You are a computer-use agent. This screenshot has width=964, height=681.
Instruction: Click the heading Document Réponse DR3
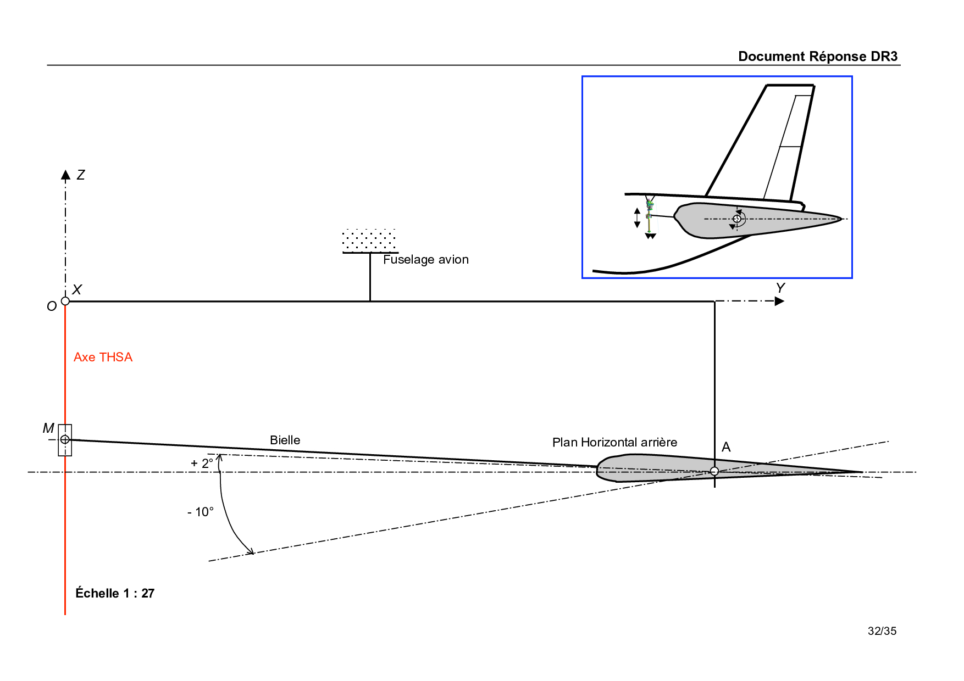point(817,57)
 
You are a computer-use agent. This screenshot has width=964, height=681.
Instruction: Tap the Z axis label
point(81,175)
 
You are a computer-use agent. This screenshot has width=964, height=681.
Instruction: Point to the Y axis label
point(780,288)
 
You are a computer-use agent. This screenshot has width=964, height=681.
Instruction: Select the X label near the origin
point(77,289)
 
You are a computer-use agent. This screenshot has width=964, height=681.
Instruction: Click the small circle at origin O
point(65,301)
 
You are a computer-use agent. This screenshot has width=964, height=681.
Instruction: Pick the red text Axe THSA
point(103,357)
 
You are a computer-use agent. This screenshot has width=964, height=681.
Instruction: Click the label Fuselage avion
point(425,259)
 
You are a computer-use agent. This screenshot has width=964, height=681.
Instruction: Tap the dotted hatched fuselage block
point(369,241)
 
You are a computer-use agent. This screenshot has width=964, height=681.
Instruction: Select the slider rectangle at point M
point(65,440)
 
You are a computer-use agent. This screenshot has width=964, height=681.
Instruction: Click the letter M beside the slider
point(48,428)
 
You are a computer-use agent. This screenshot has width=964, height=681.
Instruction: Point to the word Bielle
point(285,440)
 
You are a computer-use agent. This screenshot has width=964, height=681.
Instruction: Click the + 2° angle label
point(202,463)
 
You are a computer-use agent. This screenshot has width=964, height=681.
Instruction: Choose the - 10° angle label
point(201,512)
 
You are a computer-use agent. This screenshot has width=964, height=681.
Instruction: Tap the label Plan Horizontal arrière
point(614,442)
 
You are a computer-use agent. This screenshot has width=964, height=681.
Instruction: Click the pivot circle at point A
point(714,471)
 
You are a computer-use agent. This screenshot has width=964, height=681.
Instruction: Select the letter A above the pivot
point(726,447)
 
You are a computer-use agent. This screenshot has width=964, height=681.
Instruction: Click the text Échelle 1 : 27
point(115,593)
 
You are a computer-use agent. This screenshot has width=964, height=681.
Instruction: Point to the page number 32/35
point(882,631)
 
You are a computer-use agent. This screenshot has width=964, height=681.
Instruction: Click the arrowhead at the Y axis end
point(779,301)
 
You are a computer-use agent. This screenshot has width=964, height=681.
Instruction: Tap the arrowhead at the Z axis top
point(65,175)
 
